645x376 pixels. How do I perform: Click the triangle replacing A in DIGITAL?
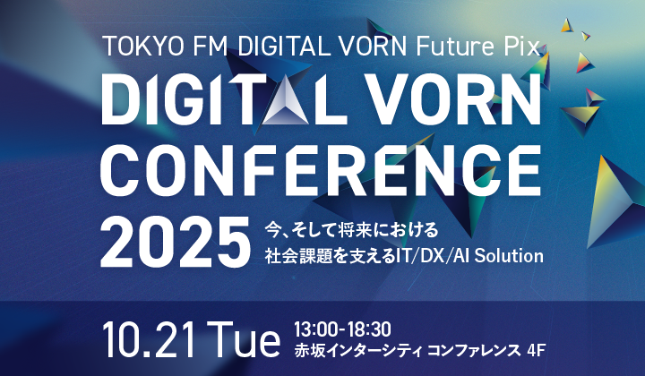tap(286, 100)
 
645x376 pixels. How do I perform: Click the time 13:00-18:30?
tap(342, 329)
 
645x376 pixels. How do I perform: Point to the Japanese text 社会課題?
tap(298, 256)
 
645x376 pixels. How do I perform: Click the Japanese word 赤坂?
tap(309, 351)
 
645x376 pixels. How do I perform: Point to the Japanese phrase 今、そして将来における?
tap(351, 230)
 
